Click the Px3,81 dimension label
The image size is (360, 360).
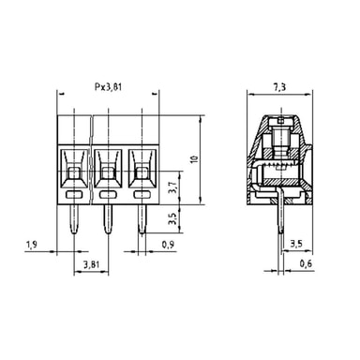pos(108,87)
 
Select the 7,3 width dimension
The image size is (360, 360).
pos(279,87)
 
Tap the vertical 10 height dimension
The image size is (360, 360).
pos(195,158)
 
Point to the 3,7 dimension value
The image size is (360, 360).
pos(173,187)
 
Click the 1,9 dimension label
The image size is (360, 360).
pos(32,245)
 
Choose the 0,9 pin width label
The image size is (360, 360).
pos(169,245)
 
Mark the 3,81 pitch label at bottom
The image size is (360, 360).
pos(91,264)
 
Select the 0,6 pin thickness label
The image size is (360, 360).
pos(306,264)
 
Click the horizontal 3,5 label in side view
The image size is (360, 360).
pos(296,244)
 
